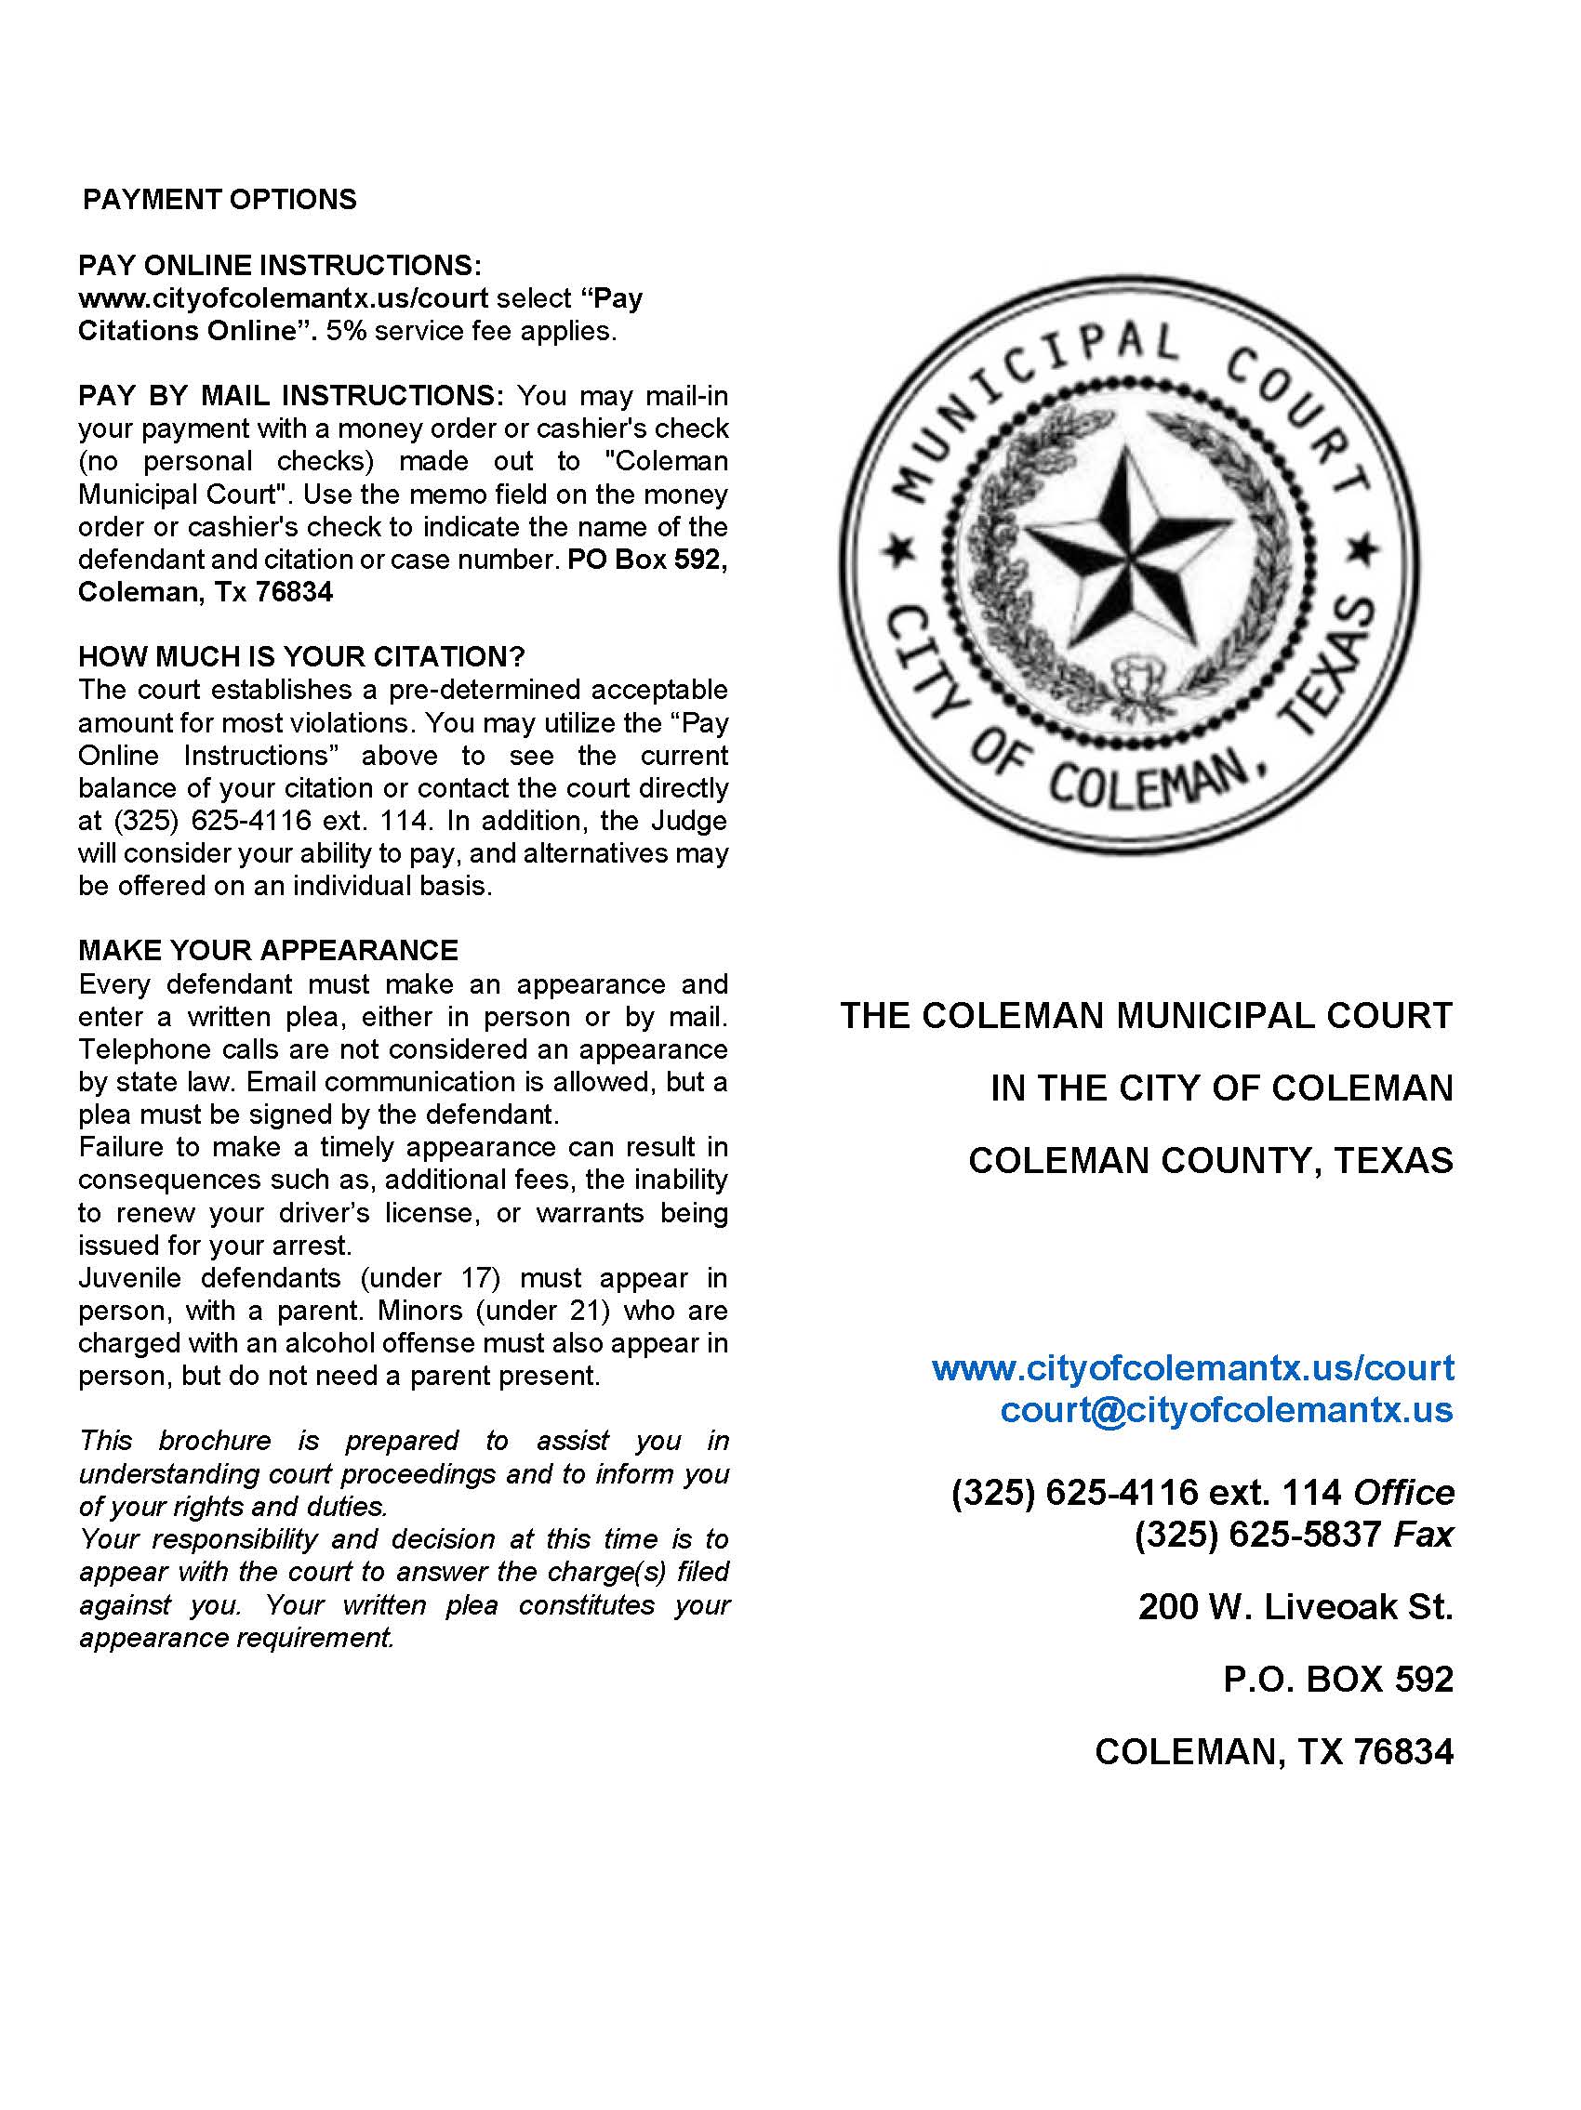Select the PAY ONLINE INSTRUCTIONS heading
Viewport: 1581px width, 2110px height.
point(280,265)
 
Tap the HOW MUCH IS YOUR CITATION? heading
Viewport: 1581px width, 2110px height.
point(301,656)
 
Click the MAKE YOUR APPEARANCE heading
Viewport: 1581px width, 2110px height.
point(268,950)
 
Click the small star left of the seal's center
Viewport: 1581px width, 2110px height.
point(897,550)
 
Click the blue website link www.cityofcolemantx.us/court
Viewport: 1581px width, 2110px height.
point(1192,1368)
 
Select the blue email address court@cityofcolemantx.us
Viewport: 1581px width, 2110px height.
point(1226,1409)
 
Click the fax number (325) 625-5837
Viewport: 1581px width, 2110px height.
point(1258,1534)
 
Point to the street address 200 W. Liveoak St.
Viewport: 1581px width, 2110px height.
point(1295,1607)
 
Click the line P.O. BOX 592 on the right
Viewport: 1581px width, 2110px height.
point(1337,1679)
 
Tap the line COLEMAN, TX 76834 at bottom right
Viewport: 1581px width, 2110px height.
point(1274,1751)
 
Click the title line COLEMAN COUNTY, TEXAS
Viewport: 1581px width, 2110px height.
point(1210,1160)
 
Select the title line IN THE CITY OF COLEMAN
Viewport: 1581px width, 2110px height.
point(1221,1088)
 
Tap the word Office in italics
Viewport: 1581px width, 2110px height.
point(1403,1492)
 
